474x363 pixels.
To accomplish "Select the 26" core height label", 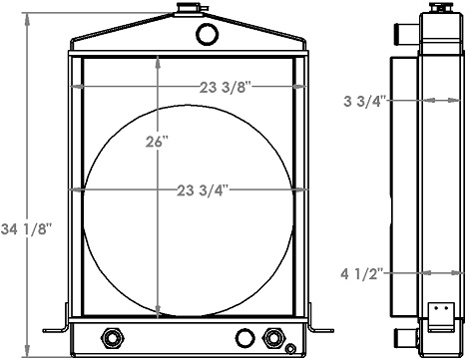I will tap(158, 142).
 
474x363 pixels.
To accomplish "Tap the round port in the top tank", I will tap(208, 35).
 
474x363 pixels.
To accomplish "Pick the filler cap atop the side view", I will tap(436, 8).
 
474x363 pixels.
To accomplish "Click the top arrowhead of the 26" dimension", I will tap(157, 60).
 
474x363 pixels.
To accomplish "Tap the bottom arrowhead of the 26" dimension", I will tap(157, 312).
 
